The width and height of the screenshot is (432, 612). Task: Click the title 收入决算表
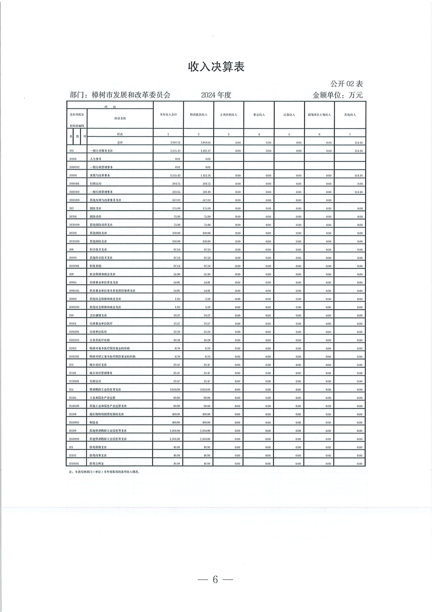pos(216,67)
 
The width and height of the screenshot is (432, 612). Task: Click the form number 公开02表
pos(346,83)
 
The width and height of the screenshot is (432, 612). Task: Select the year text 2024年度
pos(216,95)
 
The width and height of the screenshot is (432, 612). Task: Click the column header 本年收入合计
pos(168,115)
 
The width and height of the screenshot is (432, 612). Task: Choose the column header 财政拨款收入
pos(198,115)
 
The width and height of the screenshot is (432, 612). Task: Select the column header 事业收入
pos(259,115)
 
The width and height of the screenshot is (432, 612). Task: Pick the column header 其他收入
pos(349,115)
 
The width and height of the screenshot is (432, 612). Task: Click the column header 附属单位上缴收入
pos(319,115)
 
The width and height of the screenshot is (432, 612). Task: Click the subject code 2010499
pos(75,200)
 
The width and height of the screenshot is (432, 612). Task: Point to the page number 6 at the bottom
pos(216,579)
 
